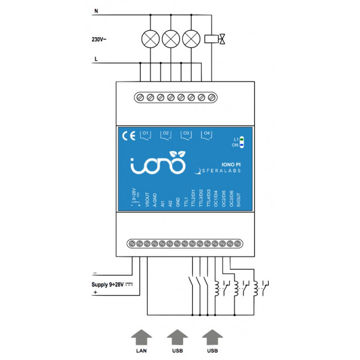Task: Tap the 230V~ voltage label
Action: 99,39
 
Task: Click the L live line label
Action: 96,59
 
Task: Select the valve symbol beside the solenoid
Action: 223,39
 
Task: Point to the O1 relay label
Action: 145,134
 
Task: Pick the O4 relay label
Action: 207,134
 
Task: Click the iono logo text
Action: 157,165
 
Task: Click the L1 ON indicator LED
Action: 242,142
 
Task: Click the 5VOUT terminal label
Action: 239,199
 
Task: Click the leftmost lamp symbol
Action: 150,38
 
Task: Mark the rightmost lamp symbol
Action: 192,38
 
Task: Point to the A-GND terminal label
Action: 155,199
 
